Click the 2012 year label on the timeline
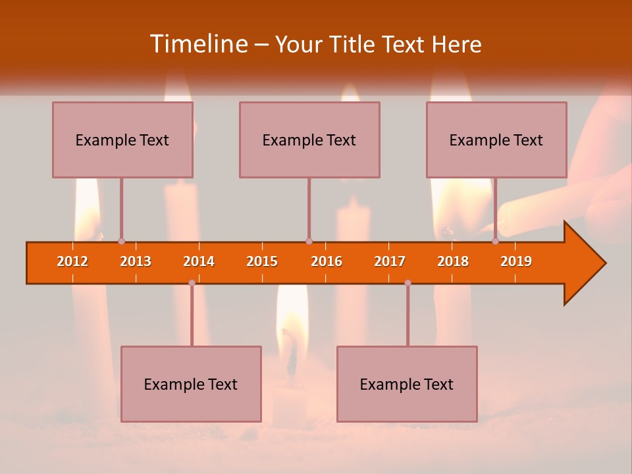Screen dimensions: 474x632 [x=72, y=261]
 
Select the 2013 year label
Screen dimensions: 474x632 [x=136, y=261]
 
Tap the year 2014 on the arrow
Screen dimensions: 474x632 [x=199, y=261]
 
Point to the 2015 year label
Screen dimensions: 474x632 [x=262, y=261]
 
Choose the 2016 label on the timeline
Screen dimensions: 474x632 [x=327, y=261]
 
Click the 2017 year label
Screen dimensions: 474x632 [x=390, y=261]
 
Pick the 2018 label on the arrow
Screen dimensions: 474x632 [x=453, y=261]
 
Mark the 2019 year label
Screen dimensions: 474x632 [x=516, y=261]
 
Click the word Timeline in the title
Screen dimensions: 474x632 [x=198, y=44]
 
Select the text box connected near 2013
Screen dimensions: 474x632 [x=122, y=140]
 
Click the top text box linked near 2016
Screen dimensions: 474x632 [x=309, y=140]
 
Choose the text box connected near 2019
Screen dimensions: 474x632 [x=496, y=140]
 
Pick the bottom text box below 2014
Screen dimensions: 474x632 [x=191, y=384]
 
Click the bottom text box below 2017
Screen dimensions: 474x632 [x=407, y=384]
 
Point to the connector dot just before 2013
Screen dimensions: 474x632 [x=121, y=242]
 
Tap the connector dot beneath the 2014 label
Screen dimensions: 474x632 [x=192, y=283]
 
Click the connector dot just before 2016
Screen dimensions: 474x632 [x=309, y=242]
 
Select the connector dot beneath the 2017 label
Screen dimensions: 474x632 [x=408, y=283]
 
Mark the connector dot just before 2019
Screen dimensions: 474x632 [x=495, y=242]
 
